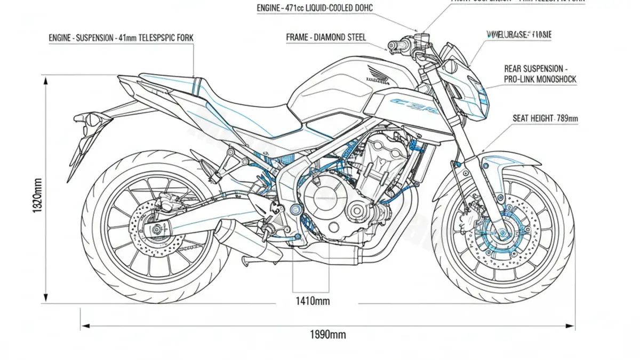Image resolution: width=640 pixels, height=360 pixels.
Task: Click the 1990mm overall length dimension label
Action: (327, 335)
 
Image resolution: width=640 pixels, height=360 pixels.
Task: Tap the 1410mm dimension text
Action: (313, 301)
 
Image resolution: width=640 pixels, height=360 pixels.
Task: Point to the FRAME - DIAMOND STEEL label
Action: (326, 37)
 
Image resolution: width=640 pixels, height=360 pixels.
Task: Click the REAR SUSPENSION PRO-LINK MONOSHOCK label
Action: (540, 74)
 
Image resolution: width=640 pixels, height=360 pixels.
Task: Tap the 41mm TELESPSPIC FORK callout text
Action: (121, 38)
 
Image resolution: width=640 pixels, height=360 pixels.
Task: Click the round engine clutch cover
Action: (322, 200)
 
